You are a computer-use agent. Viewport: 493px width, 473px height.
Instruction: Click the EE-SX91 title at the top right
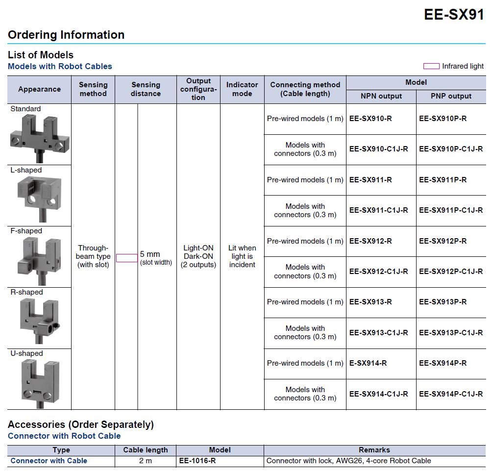point(454,15)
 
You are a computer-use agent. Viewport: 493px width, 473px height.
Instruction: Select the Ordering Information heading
point(66,35)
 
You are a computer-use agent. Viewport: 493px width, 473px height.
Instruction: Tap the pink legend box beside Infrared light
point(431,66)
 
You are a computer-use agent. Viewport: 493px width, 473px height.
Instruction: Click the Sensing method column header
point(93,89)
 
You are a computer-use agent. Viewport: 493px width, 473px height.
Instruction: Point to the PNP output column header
point(451,96)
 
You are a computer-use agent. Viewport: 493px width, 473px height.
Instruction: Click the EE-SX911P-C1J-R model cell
point(451,210)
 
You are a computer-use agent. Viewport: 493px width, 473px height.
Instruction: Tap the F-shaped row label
point(26,231)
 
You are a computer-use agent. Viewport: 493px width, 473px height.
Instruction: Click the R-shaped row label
point(26,292)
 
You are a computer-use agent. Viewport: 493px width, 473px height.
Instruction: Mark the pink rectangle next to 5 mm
point(127,258)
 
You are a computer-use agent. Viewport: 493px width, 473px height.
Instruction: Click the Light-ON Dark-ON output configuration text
point(198,252)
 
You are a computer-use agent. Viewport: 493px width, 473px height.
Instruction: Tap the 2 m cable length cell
point(145,461)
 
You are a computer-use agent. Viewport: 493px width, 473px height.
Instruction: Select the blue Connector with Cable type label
point(49,461)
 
